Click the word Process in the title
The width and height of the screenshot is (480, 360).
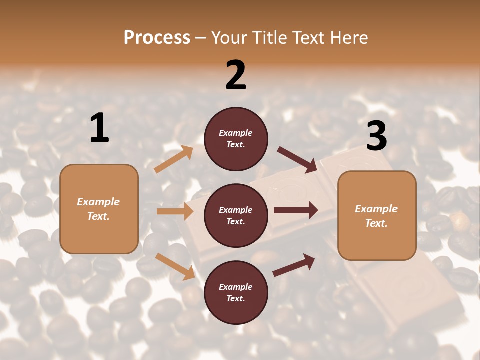157,37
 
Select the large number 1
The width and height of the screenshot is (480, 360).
99,128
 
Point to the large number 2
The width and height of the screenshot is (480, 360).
236,75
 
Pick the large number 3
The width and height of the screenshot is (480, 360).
376,136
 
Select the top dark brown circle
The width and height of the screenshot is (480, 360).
236,139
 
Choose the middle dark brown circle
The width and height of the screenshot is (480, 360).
236,215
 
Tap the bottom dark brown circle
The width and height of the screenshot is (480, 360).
236,292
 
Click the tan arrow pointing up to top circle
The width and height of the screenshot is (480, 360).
173,159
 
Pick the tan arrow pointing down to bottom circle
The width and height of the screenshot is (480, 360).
175,266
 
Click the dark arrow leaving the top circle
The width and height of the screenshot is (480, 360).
297,159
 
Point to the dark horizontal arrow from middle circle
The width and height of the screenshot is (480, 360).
296,210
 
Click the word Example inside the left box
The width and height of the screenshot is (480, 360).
98,202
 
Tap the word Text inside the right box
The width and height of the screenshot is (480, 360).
376,223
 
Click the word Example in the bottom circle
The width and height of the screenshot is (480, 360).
236,287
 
